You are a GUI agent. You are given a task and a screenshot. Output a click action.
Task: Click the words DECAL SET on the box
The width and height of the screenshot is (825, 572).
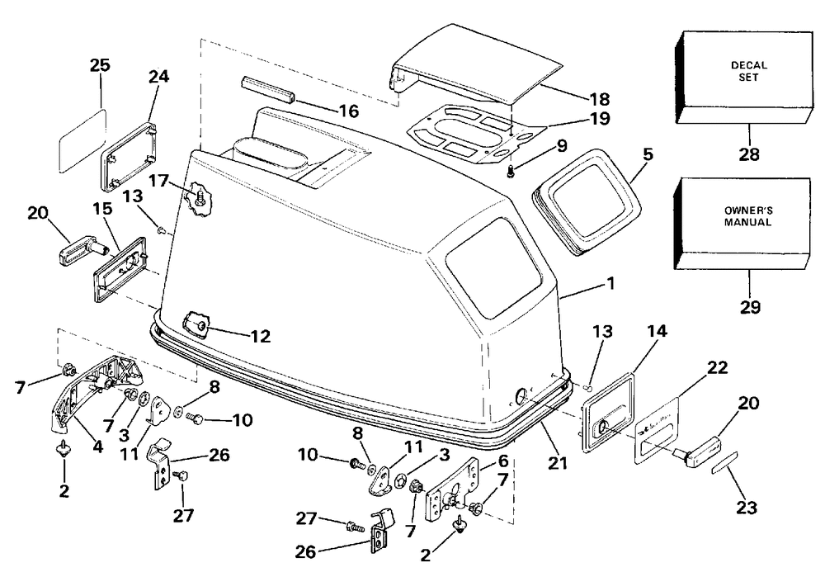coord(749,71)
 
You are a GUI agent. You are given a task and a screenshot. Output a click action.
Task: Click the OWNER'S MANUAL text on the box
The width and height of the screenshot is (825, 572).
coord(747,216)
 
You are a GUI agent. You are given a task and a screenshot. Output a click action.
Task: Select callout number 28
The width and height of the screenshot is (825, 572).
coord(749,154)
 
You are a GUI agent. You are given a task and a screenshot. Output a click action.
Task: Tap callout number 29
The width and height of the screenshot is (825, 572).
coord(750,307)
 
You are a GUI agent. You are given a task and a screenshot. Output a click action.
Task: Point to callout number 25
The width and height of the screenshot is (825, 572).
coord(100,65)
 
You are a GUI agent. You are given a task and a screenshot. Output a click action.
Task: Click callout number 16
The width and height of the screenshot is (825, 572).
coord(349,111)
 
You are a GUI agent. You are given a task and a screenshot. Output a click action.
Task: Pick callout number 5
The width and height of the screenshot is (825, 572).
coord(648,154)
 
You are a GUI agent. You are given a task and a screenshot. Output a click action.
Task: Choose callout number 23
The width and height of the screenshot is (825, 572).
coord(747,508)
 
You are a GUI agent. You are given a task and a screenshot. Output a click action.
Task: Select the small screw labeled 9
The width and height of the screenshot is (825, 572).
coord(510,171)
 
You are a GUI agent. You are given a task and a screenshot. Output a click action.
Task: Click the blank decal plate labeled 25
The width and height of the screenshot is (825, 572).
coord(82,141)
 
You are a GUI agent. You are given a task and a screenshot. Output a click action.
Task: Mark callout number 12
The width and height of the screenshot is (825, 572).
coord(260,336)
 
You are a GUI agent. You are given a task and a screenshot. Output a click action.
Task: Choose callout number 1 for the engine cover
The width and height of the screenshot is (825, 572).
coord(610,284)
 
